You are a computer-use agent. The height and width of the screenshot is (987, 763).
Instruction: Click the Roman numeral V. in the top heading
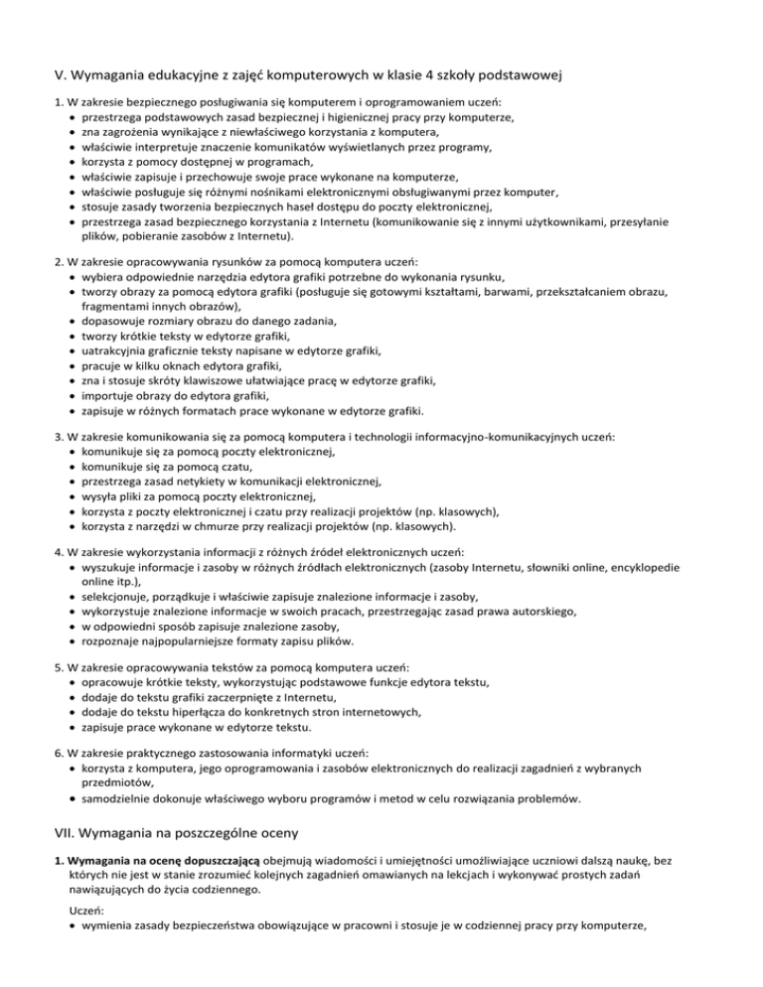[61, 72]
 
